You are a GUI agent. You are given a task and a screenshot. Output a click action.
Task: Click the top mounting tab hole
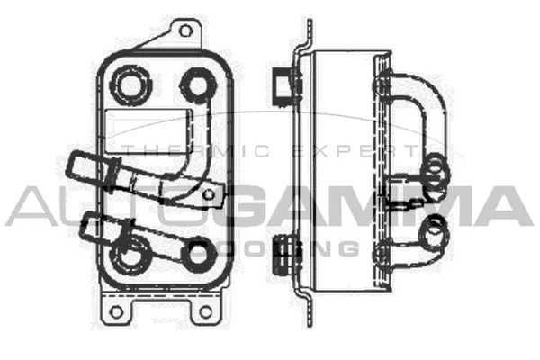coord(185,31)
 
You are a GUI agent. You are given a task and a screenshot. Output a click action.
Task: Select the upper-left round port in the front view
coord(130,85)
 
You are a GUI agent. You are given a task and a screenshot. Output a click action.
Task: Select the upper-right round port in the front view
coord(195,86)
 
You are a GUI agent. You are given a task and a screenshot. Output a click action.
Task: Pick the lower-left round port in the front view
coord(130,255)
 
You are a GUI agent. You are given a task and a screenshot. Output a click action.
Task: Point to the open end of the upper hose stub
coord(75,168)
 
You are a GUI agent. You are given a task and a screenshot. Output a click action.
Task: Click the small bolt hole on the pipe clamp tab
coord(209,193)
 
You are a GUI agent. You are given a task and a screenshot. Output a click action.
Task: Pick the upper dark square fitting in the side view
coord(283,82)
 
